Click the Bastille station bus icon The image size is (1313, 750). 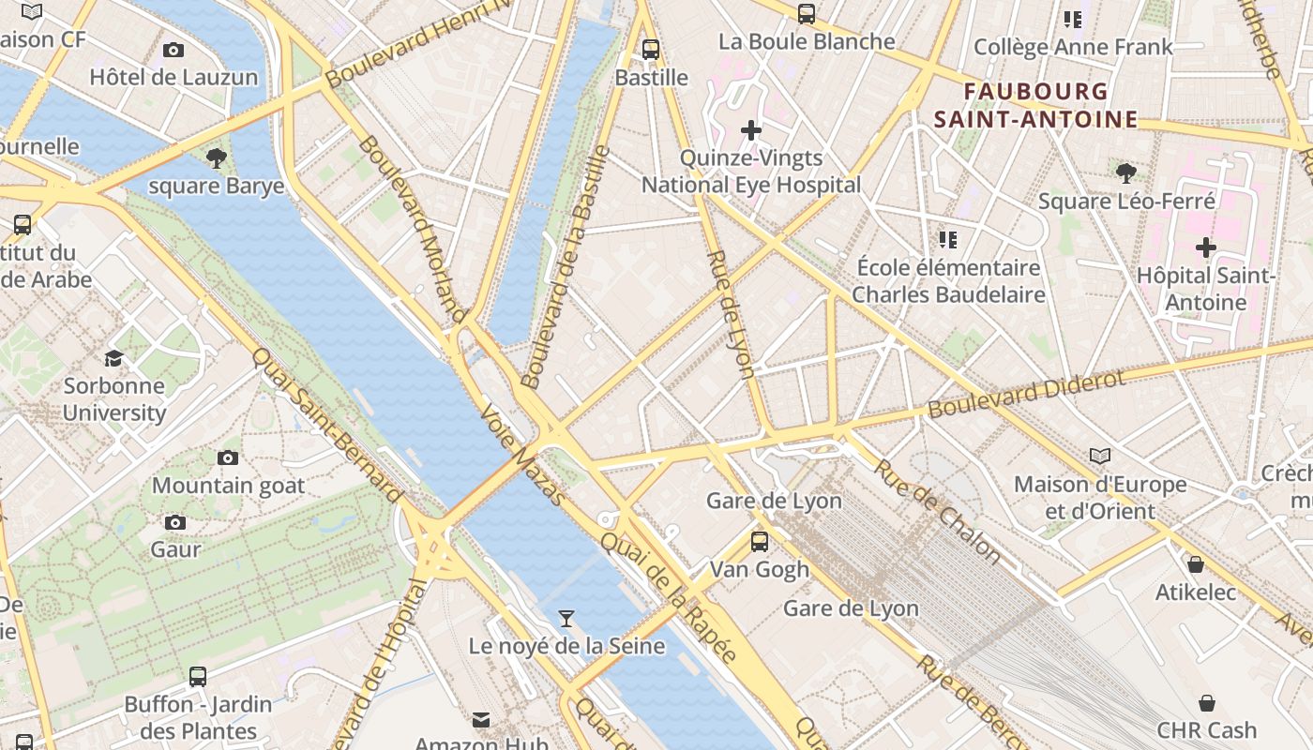click(650, 50)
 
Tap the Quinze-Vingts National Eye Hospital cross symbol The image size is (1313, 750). click(750, 129)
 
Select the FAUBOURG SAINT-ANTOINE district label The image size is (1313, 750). click(1035, 105)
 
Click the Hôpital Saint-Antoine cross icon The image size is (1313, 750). click(1206, 247)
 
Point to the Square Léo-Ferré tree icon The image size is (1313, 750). click(1126, 172)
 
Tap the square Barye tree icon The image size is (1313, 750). click(217, 157)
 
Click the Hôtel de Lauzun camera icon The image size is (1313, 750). click(174, 50)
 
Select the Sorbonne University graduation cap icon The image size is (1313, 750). click(113, 358)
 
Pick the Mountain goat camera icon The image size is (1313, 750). click(228, 457)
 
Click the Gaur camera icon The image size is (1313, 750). click(175, 522)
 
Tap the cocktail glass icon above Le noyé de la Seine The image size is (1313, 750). click(566, 618)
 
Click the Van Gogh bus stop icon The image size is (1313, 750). click(760, 541)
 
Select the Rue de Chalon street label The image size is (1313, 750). click(938, 510)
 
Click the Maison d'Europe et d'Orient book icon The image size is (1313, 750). click(1100, 456)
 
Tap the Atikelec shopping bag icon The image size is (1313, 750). click(1196, 564)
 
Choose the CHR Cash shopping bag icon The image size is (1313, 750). click(1207, 702)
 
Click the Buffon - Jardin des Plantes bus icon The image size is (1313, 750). click(198, 676)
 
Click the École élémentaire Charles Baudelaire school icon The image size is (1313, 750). click(948, 240)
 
